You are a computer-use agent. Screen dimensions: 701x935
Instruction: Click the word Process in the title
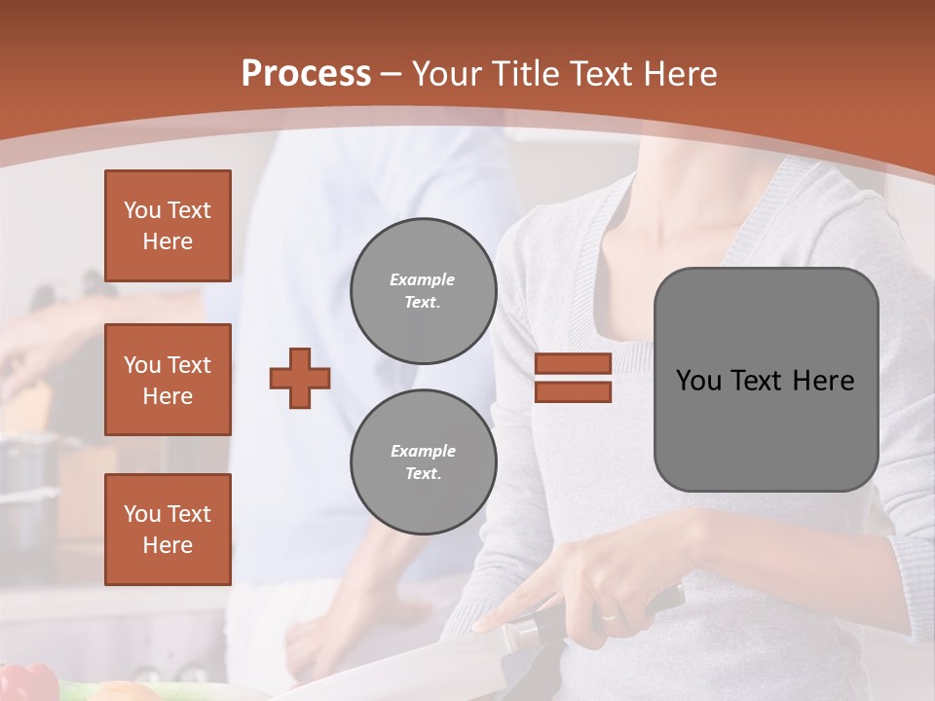tap(306, 74)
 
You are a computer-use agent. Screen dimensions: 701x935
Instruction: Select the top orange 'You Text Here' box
tap(168, 226)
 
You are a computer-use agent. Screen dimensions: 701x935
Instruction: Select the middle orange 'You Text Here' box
tap(168, 380)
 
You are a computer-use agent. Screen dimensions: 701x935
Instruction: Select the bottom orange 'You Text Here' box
tap(168, 530)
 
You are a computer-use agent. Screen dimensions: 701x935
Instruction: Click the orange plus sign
tap(300, 378)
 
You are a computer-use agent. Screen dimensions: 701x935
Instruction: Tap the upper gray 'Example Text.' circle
tap(423, 290)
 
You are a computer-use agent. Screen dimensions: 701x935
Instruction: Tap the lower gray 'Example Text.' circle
tap(423, 461)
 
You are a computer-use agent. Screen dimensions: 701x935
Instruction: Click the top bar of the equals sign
tap(573, 364)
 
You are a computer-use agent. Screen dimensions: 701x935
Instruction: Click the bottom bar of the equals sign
tap(573, 391)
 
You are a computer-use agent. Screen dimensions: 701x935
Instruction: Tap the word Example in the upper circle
tap(423, 279)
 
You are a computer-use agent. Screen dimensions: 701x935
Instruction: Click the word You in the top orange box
tap(141, 210)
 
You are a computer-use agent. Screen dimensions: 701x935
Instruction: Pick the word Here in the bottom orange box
tap(168, 545)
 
